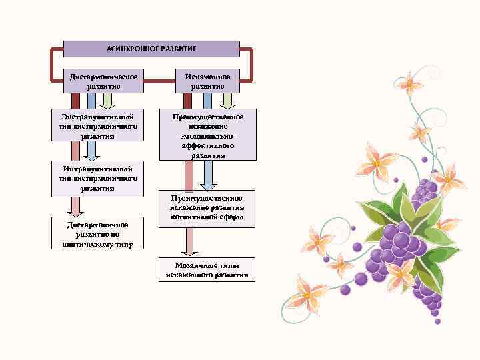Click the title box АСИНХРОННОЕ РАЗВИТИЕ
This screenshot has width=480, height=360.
point(151,49)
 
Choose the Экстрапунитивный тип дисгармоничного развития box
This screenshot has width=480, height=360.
point(98,126)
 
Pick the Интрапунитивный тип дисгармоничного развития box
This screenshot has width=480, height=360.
point(98,178)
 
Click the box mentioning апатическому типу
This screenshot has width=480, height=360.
point(97,234)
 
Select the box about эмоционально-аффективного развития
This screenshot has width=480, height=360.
point(207,135)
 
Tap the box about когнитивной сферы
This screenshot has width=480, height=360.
point(207,207)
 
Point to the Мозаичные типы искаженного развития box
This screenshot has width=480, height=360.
point(207,270)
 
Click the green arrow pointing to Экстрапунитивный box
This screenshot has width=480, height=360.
point(110,101)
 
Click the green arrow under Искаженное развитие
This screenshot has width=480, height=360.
point(227,101)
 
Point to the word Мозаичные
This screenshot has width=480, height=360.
point(191,265)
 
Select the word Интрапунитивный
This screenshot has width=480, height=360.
point(97,169)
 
